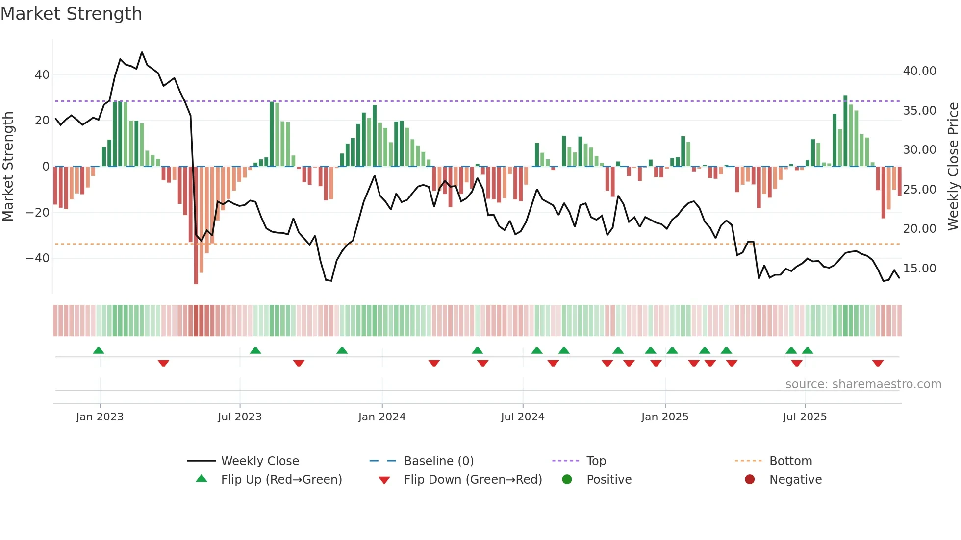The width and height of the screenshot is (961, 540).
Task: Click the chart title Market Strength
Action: click(x=71, y=14)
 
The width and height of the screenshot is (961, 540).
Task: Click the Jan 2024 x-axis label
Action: click(x=382, y=417)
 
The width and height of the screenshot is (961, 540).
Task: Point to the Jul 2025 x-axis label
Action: click(x=805, y=417)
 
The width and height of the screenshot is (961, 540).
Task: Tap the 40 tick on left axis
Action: click(x=42, y=75)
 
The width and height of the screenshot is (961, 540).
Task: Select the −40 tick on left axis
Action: click(x=38, y=258)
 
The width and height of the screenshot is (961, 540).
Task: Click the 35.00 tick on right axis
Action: click(x=919, y=111)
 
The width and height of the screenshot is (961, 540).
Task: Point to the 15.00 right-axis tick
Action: click(x=919, y=269)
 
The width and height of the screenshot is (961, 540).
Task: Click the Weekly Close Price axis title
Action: click(x=953, y=167)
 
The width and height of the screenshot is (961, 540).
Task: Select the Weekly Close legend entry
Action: click(x=259, y=461)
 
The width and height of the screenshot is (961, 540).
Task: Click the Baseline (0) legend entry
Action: click(x=438, y=461)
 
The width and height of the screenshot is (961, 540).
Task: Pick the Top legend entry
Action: click(x=596, y=461)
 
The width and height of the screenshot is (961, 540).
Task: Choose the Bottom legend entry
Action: click(x=790, y=461)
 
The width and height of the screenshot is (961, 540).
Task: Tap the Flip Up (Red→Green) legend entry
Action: click(x=281, y=480)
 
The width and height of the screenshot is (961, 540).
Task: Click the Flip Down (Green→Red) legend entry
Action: click(x=473, y=480)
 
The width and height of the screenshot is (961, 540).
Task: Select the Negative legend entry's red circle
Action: click(x=750, y=480)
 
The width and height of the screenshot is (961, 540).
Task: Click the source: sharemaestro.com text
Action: click(x=863, y=384)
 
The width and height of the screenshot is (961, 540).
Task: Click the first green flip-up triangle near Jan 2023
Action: click(x=99, y=350)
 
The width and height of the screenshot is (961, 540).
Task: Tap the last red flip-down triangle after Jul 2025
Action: click(x=878, y=363)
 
